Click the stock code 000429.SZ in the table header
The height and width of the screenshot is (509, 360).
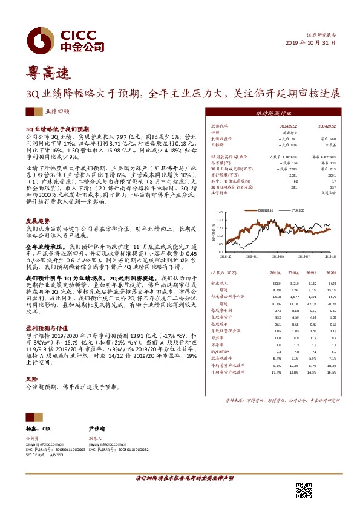[283, 126]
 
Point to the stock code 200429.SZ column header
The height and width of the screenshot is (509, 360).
[328, 126]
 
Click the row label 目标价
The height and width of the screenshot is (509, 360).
[215, 145]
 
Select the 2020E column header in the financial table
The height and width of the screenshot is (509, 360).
[331, 273]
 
